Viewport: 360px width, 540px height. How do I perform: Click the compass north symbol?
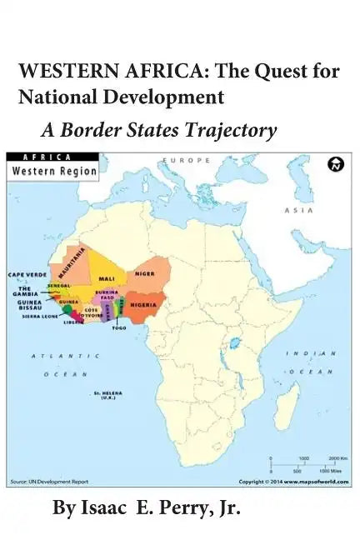(336, 164)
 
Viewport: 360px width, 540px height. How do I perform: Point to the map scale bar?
(304, 465)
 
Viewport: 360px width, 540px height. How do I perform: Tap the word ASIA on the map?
(297, 210)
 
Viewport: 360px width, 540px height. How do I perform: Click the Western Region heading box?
(52, 171)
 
